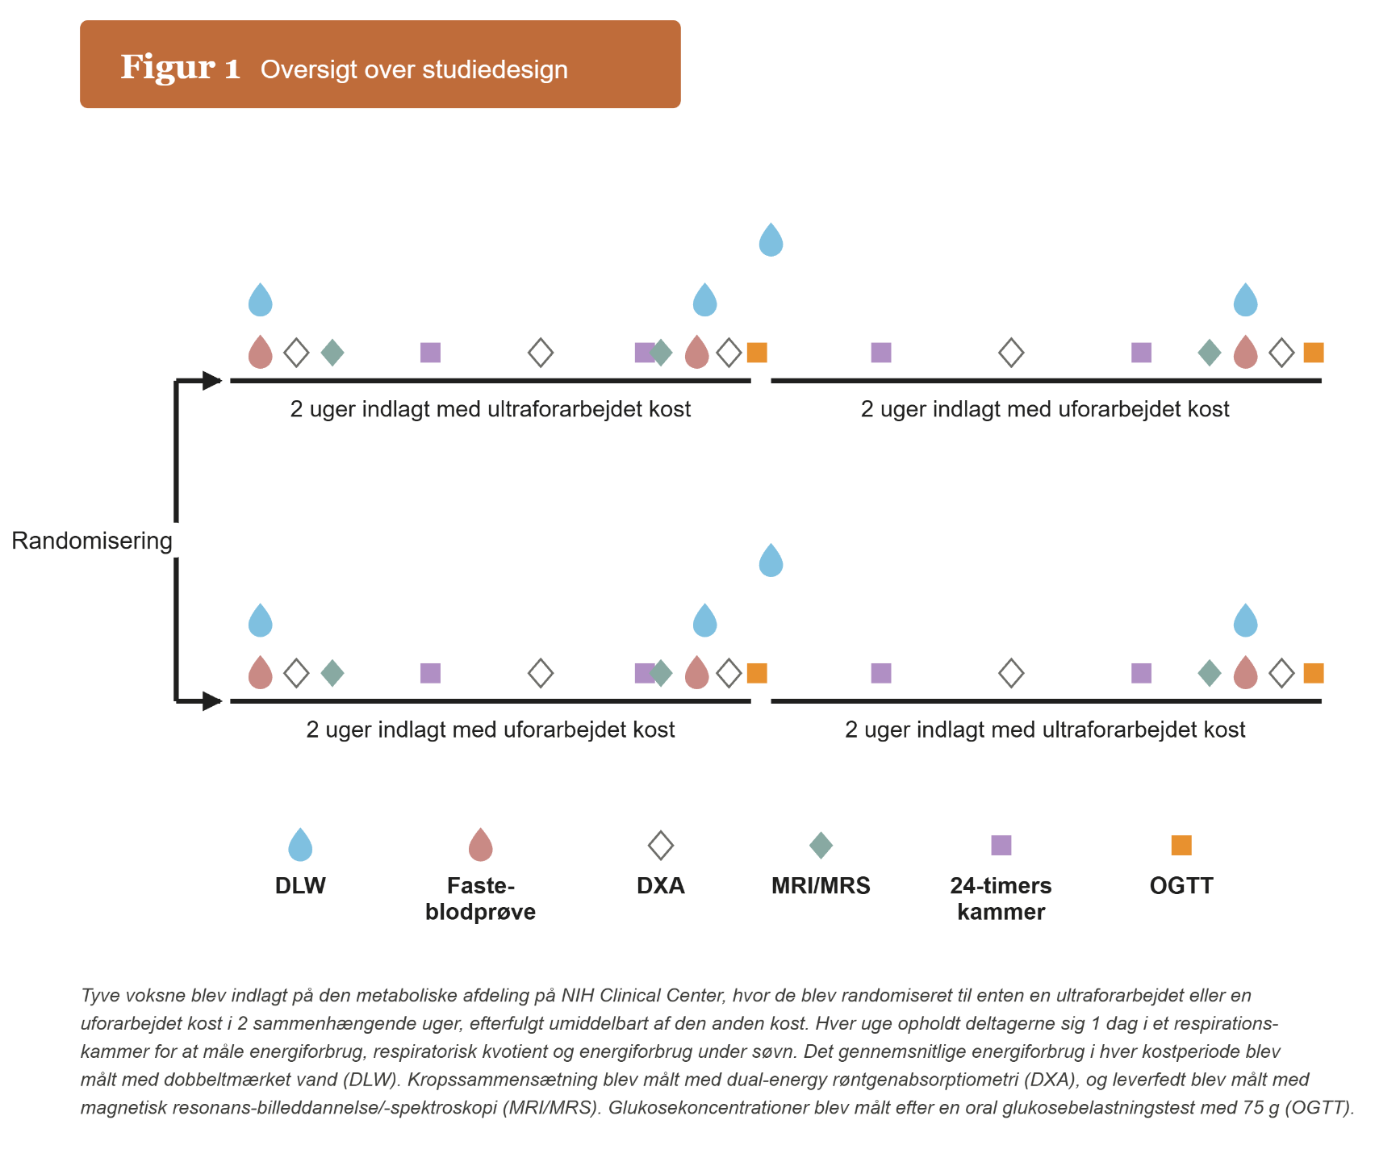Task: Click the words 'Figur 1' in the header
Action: click(181, 68)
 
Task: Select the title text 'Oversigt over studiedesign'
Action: click(414, 70)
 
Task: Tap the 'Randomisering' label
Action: click(92, 541)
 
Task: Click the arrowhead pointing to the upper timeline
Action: click(212, 381)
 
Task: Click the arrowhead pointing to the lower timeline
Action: click(212, 701)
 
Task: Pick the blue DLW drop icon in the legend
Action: click(300, 845)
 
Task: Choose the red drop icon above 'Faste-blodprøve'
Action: click(481, 845)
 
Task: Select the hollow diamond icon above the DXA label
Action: click(661, 846)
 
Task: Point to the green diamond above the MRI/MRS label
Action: click(821, 846)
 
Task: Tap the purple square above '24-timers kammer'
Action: click(1001, 845)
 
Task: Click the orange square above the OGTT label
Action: click(1181, 845)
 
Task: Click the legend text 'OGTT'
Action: click(1181, 886)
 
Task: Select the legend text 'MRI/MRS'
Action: click(821, 886)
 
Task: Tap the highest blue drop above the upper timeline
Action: click(771, 240)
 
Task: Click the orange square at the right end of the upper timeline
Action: click(1314, 353)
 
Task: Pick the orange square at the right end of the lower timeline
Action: click(1314, 673)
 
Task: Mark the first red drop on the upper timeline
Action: click(260, 352)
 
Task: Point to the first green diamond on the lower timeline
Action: click(332, 673)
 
